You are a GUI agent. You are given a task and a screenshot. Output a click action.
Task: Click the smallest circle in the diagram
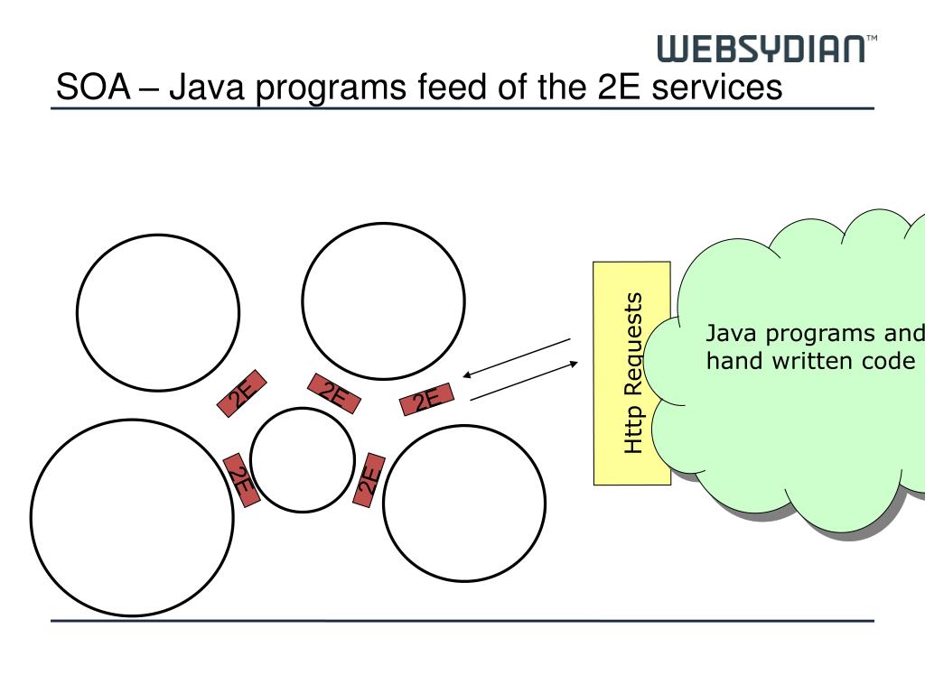pyautogui.click(x=303, y=459)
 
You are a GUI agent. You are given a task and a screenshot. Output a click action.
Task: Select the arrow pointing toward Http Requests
pyautogui.click(x=524, y=381)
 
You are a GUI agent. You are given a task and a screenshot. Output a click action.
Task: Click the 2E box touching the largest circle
pyautogui.click(x=242, y=479)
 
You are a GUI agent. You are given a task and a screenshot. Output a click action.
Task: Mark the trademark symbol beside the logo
pyautogui.click(x=871, y=40)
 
